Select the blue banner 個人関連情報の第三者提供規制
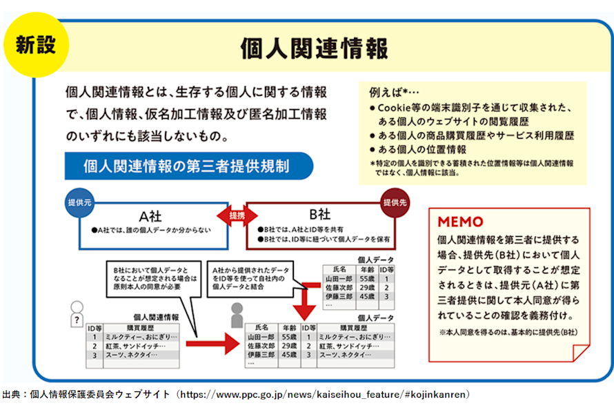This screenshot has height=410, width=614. pyautogui.click(x=186, y=166)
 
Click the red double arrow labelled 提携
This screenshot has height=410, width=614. pyautogui.click(x=237, y=215)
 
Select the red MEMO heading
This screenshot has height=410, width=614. pyautogui.click(x=461, y=222)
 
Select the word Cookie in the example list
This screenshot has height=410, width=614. pyautogui.click(x=392, y=108)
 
